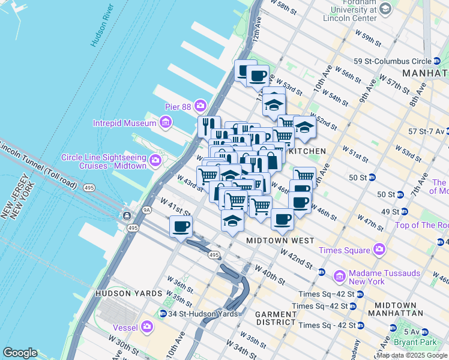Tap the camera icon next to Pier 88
[200, 107]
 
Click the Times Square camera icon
[378, 249]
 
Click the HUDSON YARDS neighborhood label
[128, 293]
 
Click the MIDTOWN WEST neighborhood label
[280, 241]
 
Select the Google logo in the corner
[20, 353]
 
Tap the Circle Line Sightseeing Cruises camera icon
[155, 160]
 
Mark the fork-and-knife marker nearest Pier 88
[206, 126]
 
